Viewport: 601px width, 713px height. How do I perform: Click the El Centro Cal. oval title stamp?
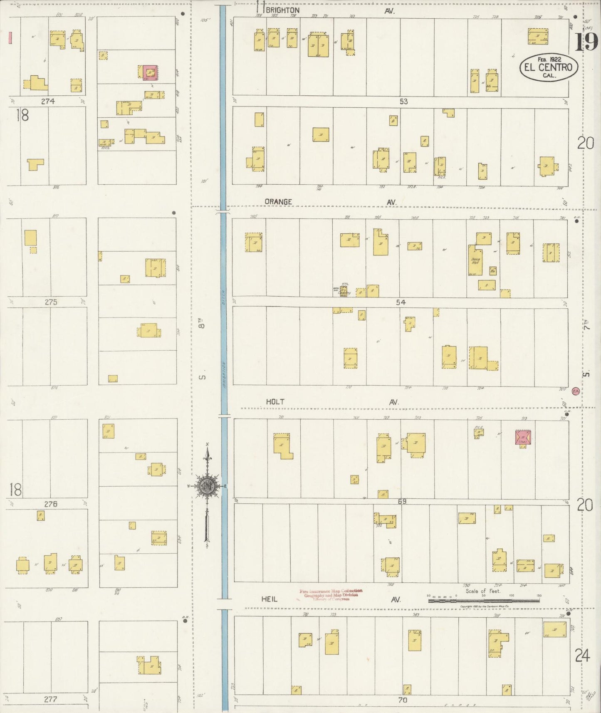point(548,67)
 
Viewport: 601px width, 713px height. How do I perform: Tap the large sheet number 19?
point(586,42)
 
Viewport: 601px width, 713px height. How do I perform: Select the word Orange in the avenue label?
point(278,202)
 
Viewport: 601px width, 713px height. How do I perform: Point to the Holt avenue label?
point(275,402)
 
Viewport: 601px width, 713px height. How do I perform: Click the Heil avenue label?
point(270,599)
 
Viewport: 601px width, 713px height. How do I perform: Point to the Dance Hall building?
point(475,260)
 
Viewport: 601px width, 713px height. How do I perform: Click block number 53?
point(403,102)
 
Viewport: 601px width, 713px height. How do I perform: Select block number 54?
point(401,302)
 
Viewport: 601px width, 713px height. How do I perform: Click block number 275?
point(51,302)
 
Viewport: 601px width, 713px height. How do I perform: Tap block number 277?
point(50,699)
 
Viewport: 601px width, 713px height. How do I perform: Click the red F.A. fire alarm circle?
point(576,391)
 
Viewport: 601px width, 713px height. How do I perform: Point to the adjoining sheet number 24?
point(582,656)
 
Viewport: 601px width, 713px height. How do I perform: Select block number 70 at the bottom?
point(403,700)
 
